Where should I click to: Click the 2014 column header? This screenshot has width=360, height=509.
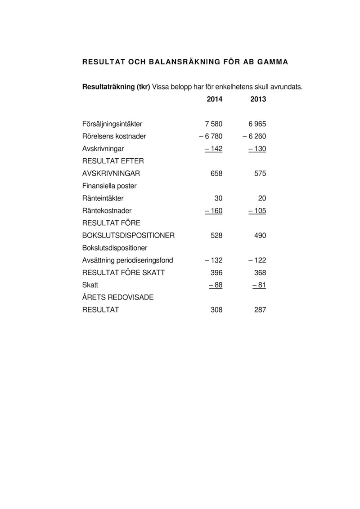214,99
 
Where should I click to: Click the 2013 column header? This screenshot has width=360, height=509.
258,99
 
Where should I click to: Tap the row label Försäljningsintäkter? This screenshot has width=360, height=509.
112,124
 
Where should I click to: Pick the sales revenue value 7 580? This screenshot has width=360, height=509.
213,124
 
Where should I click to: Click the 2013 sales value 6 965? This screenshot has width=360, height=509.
257,124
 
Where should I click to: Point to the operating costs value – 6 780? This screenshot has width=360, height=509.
211,136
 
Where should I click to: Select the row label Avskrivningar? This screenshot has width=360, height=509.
103,148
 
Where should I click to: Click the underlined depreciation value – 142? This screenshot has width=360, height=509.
213,148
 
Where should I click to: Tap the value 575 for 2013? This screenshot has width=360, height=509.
260,173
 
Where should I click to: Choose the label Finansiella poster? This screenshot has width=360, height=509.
109,186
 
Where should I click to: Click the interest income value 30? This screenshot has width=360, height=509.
218,198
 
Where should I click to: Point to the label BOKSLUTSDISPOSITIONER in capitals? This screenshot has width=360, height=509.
129,235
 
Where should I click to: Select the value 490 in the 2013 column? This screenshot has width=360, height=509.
260,235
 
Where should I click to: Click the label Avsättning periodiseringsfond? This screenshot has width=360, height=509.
128,260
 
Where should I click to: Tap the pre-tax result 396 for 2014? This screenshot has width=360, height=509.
216,272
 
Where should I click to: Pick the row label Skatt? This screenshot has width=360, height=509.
90,285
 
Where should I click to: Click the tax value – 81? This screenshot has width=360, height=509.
259,285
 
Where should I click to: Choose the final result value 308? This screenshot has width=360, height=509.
216,310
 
